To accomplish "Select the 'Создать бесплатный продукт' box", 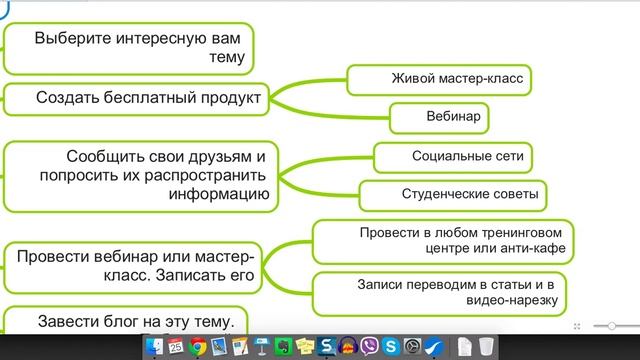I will tap(148, 98).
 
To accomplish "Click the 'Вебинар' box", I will tap(439, 118).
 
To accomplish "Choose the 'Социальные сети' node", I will tap(453, 157).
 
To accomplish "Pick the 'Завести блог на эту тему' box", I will tap(130, 321).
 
